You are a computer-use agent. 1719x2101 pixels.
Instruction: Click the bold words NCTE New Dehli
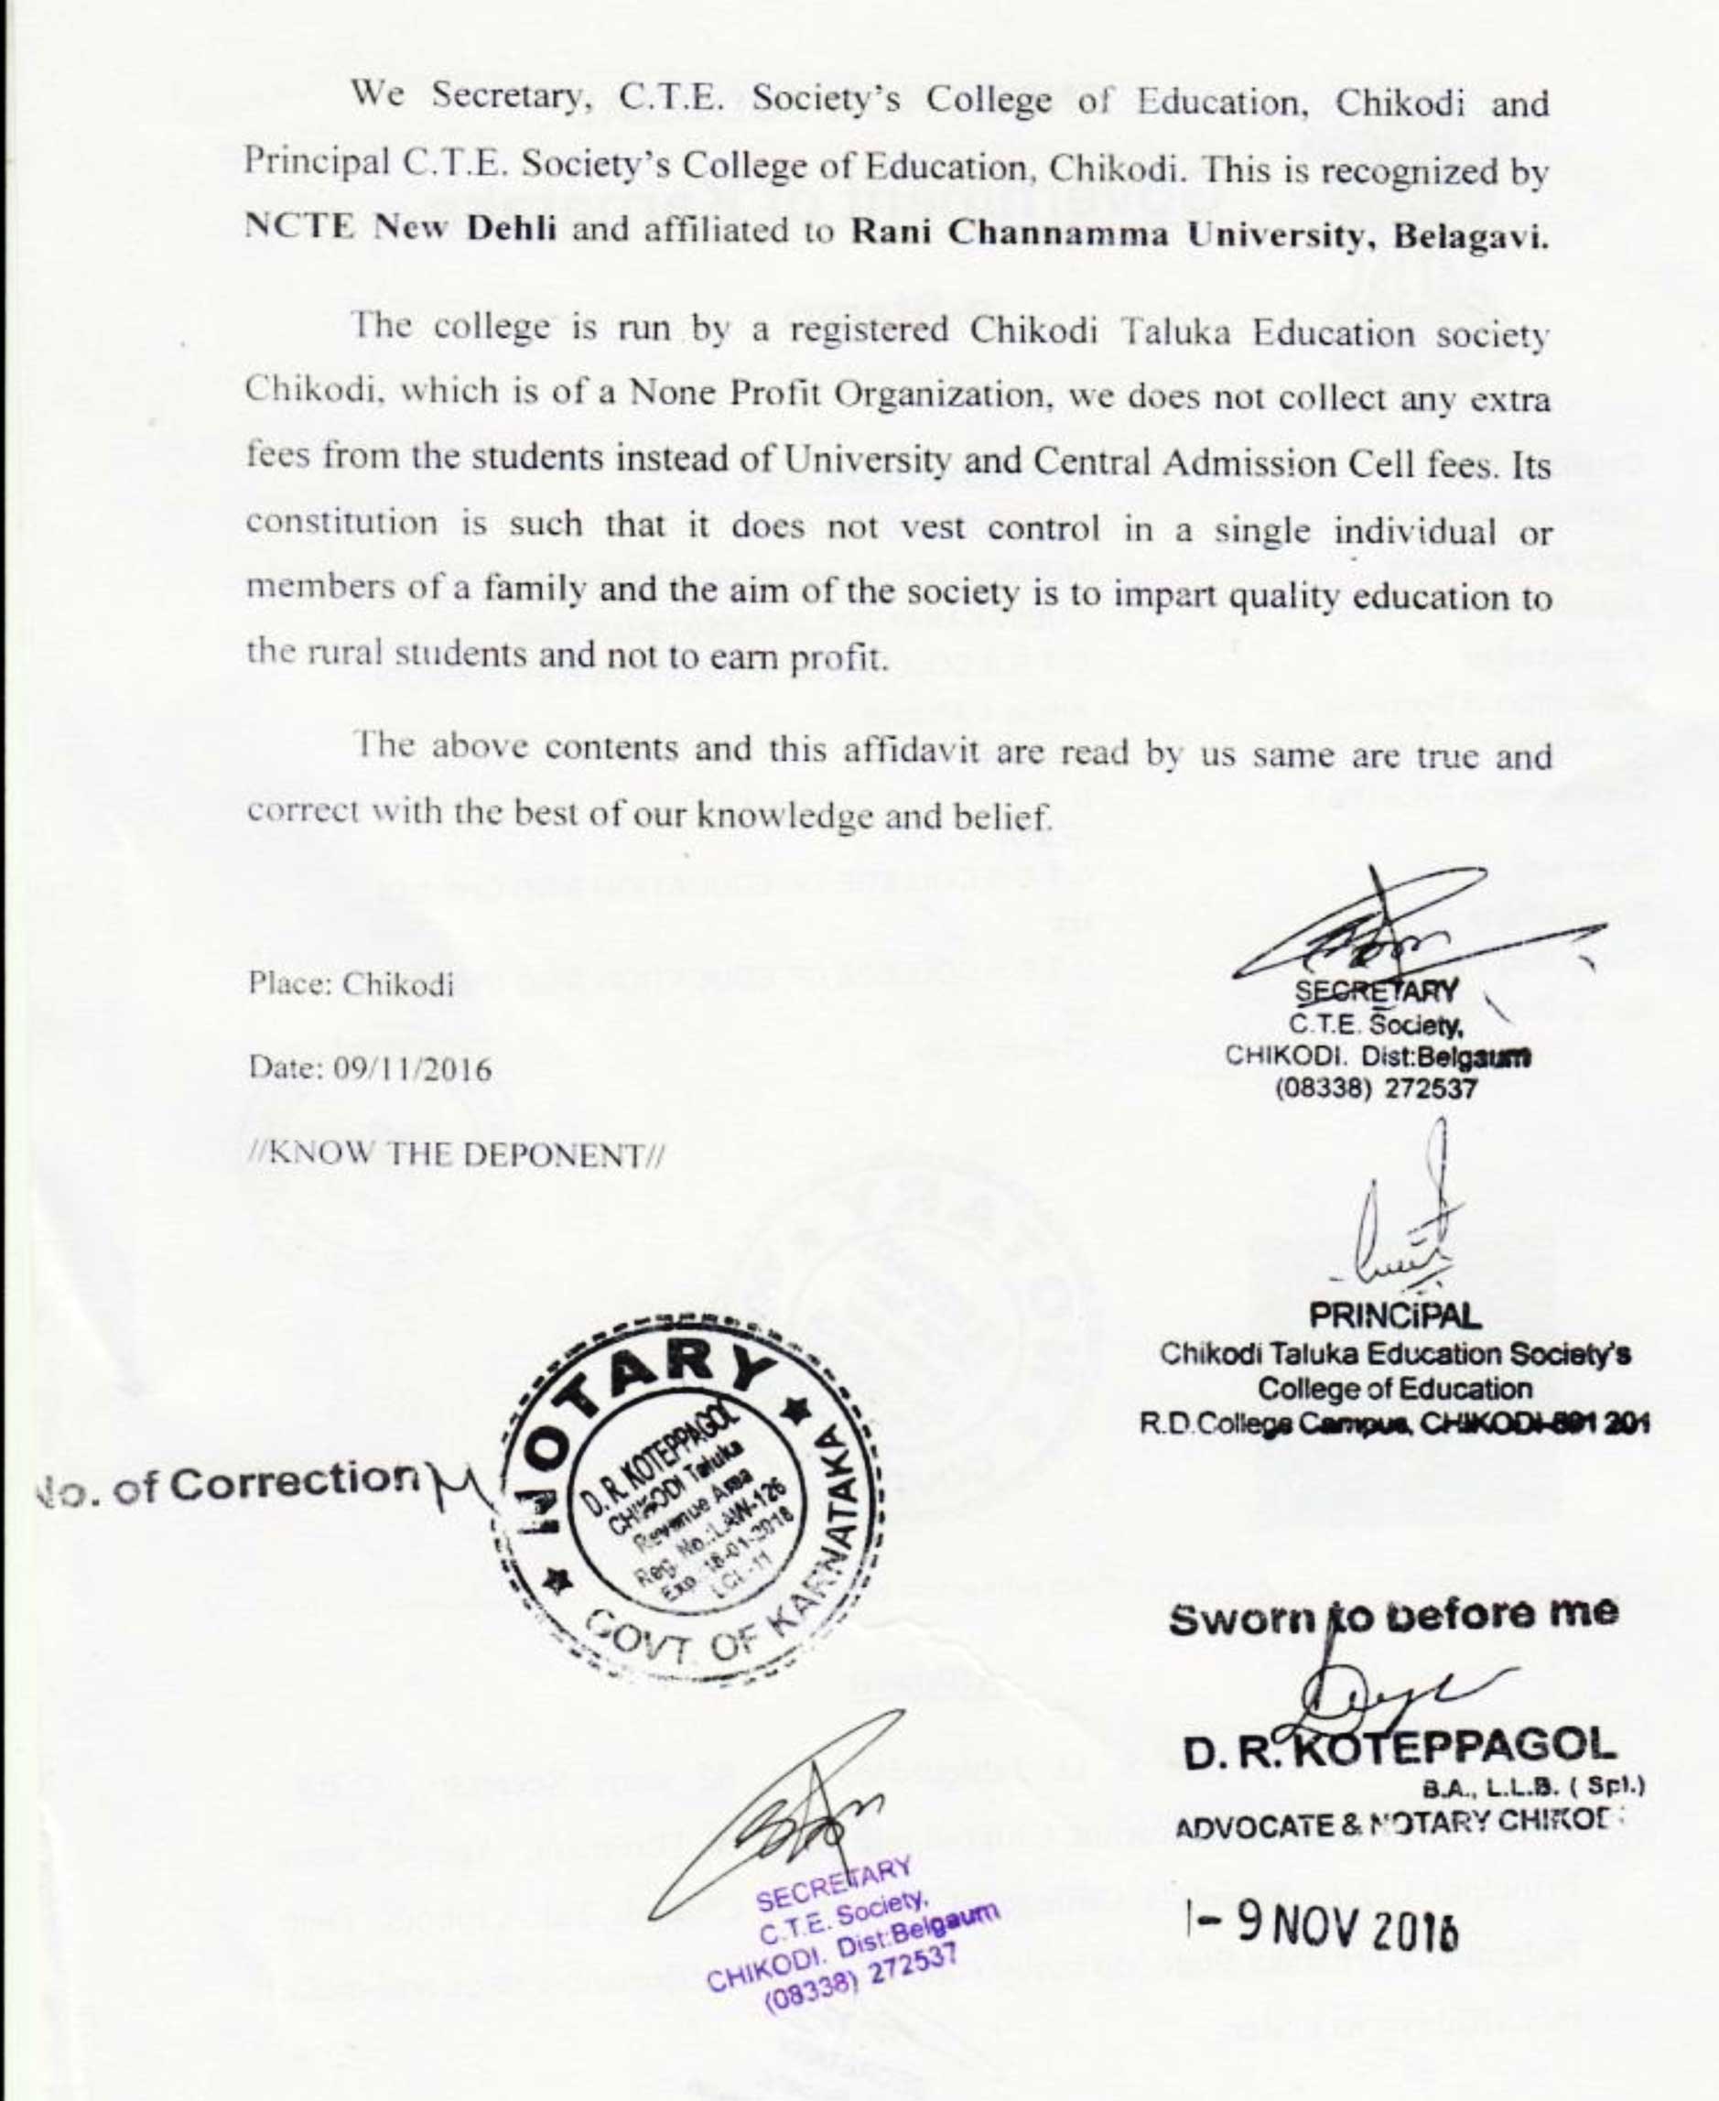pyautogui.click(x=400, y=228)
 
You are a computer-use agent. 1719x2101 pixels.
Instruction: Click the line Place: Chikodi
pyautogui.click(x=351, y=984)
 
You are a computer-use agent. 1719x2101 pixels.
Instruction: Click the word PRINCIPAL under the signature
pyautogui.click(x=1395, y=1316)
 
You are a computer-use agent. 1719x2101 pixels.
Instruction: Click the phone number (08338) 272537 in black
pyautogui.click(x=1376, y=1088)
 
